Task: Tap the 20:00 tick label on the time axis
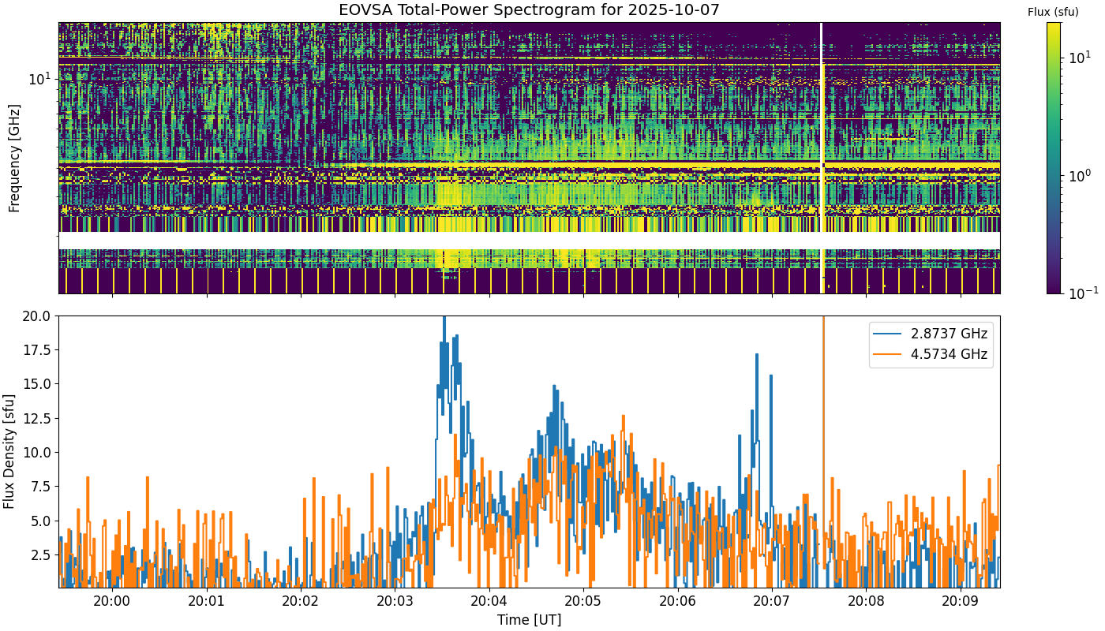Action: tap(112, 601)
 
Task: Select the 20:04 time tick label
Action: tap(489, 601)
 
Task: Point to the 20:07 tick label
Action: tap(772, 601)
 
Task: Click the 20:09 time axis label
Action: tap(961, 601)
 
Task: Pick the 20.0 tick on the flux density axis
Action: tap(36, 316)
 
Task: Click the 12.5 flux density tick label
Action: tap(36, 419)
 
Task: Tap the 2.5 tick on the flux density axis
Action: tap(41, 555)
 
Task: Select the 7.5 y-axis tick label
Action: tap(41, 487)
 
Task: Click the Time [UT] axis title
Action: tap(529, 620)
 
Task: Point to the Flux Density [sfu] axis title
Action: tap(9, 451)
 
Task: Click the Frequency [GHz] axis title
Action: tap(14, 159)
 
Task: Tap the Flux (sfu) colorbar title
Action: tap(1053, 13)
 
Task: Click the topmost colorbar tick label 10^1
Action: tap(1081, 58)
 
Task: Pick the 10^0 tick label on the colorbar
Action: tap(1081, 175)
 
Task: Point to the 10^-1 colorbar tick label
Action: tap(1083, 293)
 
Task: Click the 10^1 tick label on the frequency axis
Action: tap(39, 78)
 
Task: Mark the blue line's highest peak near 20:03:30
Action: tap(444, 317)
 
